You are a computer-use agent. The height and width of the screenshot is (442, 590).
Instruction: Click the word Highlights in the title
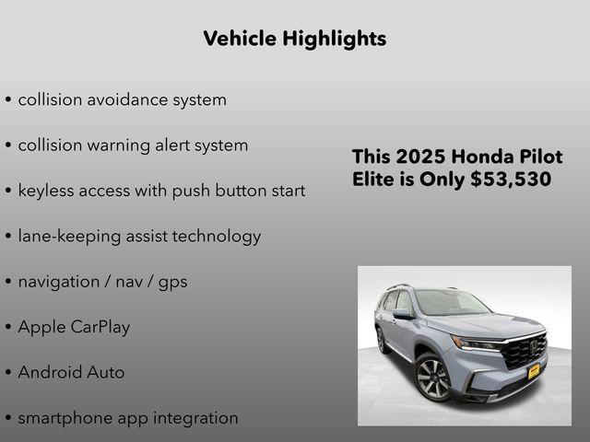[x=334, y=39]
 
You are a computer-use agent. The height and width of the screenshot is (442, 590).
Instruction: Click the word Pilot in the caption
[x=539, y=157]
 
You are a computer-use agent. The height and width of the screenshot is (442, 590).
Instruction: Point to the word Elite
[x=373, y=180]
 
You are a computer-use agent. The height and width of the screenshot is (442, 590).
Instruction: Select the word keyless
[x=46, y=191]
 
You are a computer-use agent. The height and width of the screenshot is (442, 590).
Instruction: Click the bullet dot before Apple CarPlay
[x=8, y=328]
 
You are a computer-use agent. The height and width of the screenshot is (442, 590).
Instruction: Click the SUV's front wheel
[x=432, y=378]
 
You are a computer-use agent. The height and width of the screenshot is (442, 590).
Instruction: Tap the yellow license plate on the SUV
[x=533, y=370]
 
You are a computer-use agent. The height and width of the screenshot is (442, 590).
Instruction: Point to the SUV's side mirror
[x=404, y=315]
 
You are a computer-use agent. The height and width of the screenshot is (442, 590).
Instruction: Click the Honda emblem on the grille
[x=532, y=346]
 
